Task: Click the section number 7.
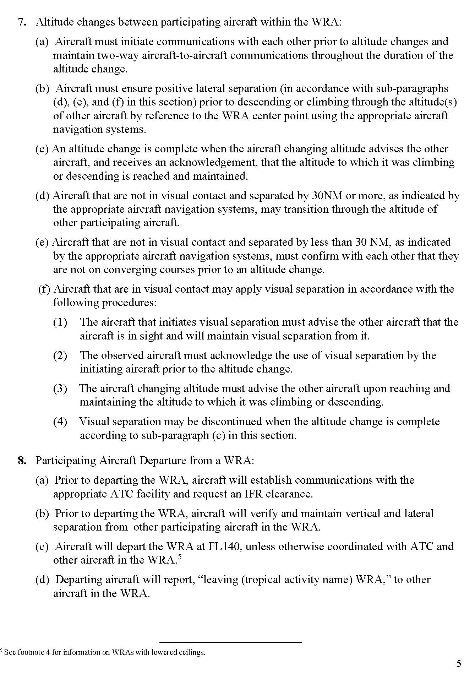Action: (x=22, y=22)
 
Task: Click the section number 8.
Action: (x=22, y=461)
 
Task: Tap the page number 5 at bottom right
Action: (x=459, y=663)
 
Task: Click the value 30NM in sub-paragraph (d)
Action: (x=324, y=196)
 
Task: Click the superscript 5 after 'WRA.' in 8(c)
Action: (x=179, y=557)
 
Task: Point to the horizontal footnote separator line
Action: (x=230, y=642)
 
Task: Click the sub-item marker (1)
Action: (x=60, y=322)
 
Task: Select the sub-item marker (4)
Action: (x=60, y=422)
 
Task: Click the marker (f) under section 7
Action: (x=44, y=289)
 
